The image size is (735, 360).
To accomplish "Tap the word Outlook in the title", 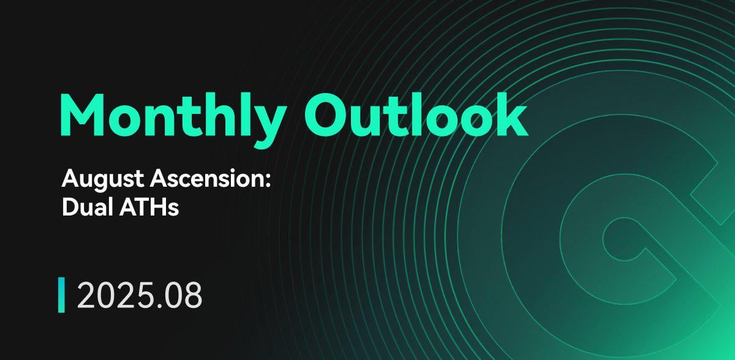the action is pos(416,114).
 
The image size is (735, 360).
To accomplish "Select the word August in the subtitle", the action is pos(103,179).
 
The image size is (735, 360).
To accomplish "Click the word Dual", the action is pos(88,207).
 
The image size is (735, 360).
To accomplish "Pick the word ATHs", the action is pos(149,207).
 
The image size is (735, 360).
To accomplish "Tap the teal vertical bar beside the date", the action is pos(61,294).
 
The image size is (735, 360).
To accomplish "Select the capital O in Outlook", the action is pos(325,114).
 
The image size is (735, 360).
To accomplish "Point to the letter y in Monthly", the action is pos(268,127).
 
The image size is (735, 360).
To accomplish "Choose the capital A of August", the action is pos(70,179).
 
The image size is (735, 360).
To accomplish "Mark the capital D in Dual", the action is pos(70,207).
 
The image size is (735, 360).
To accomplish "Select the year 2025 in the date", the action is pos(116,295).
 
